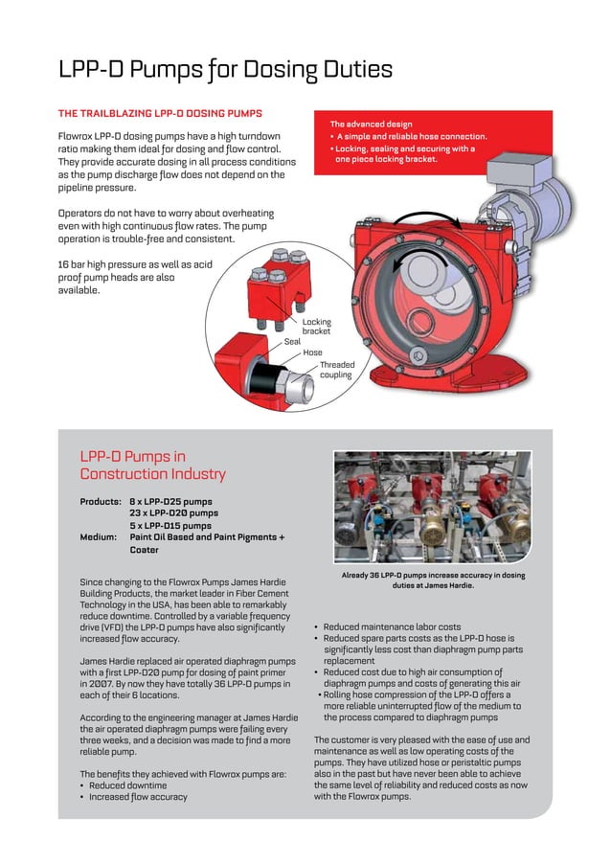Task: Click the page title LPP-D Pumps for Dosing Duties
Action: (x=225, y=70)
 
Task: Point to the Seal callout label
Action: (x=292, y=341)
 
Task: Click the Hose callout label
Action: (x=312, y=352)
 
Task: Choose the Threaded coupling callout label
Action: (x=336, y=370)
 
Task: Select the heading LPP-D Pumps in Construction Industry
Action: (x=152, y=465)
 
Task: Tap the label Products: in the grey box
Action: (x=101, y=501)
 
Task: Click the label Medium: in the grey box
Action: (x=99, y=537)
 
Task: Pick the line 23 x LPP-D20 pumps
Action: (x=173, y=513)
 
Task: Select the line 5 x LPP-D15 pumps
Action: (x=170, y=525)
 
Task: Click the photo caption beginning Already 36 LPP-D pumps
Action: (x=433, y=580)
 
